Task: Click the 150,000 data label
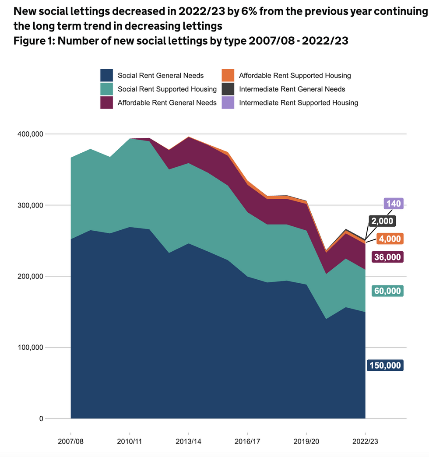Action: [x=385, y=366]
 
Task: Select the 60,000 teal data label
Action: [x=387, y=291]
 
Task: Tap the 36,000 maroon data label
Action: [x=387, y=257]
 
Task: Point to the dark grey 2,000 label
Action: [x=382, y=221]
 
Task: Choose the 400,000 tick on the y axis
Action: [x=30, y=134]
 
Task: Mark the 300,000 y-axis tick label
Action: [x=30, y=205]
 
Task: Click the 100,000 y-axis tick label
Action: [x=30, y=348]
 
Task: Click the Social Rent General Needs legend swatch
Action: [x=107, y=75]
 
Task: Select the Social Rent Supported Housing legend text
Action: [x=167, y=89]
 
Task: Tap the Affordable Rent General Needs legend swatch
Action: [x=107, y=103]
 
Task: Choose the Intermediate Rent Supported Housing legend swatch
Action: [x=228, y=103]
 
